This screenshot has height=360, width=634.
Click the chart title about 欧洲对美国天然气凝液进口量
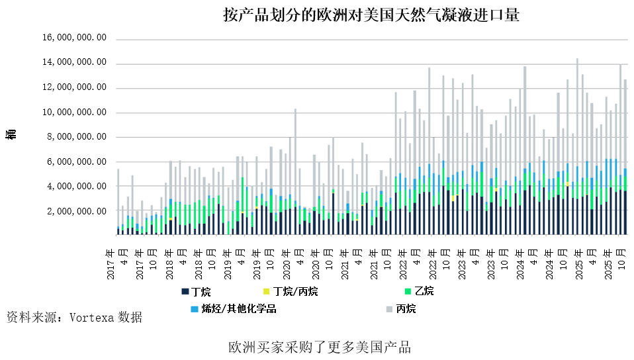click(371, 15)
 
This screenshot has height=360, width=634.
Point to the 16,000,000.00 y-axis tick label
click(73, 39)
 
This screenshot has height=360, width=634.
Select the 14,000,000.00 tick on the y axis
click(73, 64)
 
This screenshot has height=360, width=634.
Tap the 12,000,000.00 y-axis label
click(73, 88)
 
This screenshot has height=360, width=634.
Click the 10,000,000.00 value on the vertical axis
click(73, 112)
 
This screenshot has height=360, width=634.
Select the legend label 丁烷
click(201, 291)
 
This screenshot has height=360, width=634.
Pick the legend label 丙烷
click(406, 308)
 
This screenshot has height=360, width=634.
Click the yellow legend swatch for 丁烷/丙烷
click(265, 291)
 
